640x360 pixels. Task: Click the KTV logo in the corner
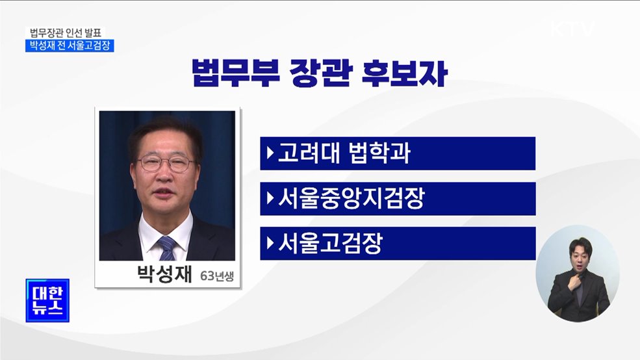[x=572, y=29]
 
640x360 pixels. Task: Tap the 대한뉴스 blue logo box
[x=47, y=300]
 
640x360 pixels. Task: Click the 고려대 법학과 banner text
[x=344, y=154]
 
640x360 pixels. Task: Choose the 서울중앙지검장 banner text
[x=351, y=199]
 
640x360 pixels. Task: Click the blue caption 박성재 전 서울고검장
[x=69, y=45]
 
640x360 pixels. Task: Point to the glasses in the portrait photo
[x=166, y=163]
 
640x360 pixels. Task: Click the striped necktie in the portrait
[x=168, y=248]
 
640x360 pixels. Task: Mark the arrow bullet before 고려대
[x=270, y=154]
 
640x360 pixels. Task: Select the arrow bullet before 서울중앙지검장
[x=270, y=199]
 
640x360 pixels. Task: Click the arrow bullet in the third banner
[x=270, y=244]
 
